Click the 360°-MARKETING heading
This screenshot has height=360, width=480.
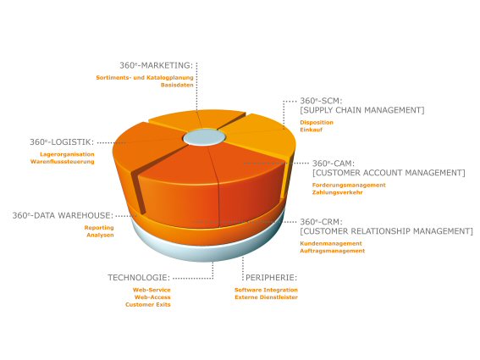(156, 65)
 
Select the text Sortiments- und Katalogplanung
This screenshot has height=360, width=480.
(145, 78)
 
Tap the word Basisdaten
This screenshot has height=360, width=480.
(177, 85)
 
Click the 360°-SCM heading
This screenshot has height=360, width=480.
(321, 101)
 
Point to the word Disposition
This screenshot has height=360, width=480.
(317, 122)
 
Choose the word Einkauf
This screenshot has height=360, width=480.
(311, 130)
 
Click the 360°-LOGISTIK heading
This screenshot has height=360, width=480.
(62, 142)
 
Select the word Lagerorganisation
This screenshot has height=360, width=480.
(67, 154)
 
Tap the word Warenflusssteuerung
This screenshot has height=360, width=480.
(62, 162)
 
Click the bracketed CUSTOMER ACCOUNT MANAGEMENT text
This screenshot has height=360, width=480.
(389, 173)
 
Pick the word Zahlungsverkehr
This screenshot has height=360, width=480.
(337, 192)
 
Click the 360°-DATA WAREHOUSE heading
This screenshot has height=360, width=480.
(63, 215)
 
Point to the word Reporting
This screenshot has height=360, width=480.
(99, 228)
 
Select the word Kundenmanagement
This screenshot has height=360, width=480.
(331, 243)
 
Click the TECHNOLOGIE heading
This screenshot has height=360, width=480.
(139, 278)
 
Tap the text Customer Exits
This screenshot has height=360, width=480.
(148, 305)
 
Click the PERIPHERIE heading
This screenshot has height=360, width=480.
(271, 278)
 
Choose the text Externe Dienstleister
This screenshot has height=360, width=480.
(267, 297)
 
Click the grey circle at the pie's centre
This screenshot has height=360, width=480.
(204, 137)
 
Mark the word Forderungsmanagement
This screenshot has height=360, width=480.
(349, 185)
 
